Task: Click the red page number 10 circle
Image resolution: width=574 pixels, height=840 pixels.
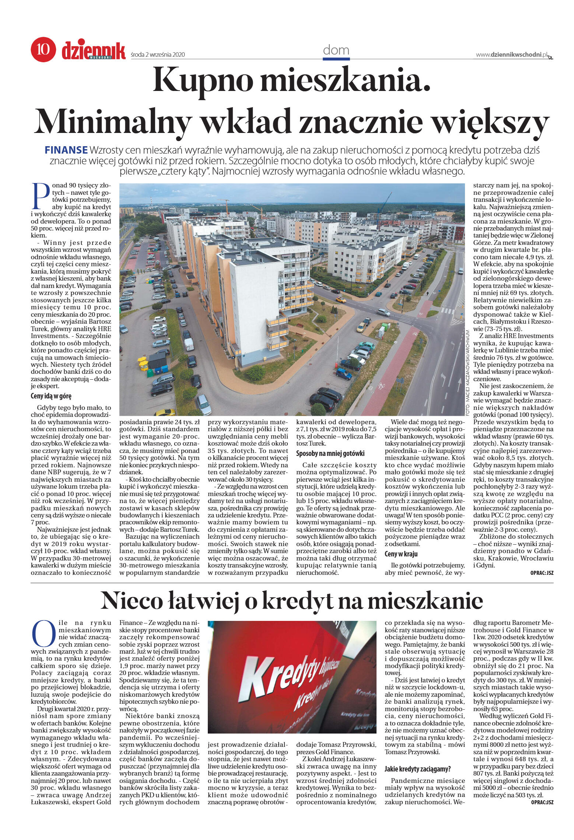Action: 43,50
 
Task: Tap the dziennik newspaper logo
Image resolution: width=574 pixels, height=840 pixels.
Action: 94,50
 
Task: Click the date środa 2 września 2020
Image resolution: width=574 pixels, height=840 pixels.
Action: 157,55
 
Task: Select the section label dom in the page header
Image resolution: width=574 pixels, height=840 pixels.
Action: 336,50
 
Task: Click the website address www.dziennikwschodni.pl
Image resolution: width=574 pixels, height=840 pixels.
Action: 512,55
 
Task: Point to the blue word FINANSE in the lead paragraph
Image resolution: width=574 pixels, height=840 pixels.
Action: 66,150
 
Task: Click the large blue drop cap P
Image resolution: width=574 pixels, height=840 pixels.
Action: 41,196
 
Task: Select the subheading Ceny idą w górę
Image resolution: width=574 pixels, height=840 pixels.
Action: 51,397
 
